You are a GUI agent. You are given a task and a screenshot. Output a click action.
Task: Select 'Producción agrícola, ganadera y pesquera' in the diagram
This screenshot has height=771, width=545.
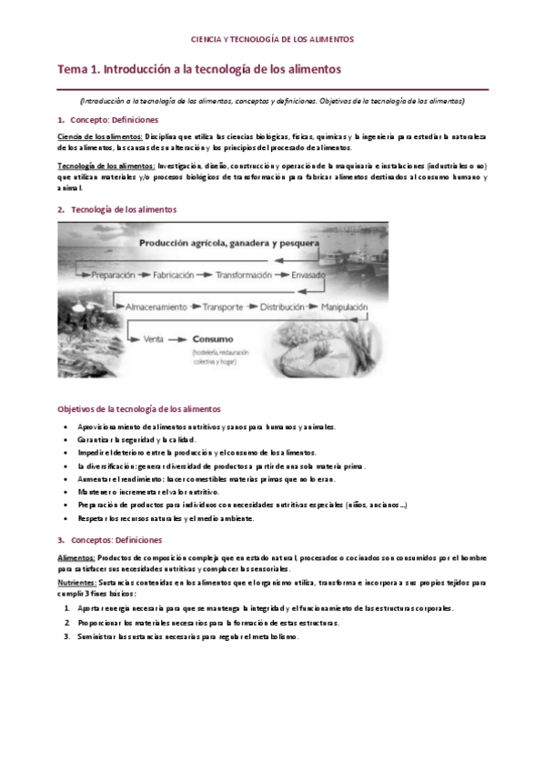click(x=228, y=245)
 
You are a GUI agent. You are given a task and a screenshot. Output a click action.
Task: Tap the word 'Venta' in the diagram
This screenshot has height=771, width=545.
click(x=153, y=339)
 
